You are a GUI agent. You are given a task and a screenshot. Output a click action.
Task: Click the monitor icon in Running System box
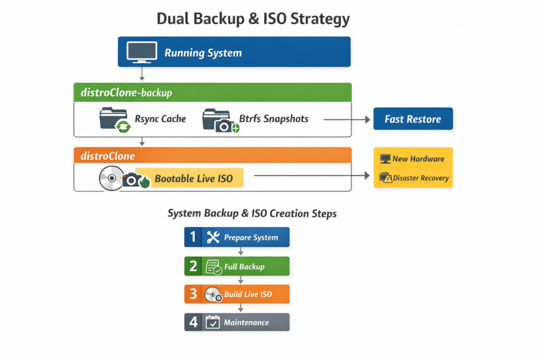pyautogui.click(x=141, y=52)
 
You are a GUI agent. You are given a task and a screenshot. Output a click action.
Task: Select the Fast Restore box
pyautogui.click(x=412, y=119)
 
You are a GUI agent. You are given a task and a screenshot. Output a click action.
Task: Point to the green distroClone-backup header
pyautogui.click(x=212, y=93)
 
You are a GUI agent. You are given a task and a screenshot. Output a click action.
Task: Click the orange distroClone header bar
pyautogui.click(x=212, y=156)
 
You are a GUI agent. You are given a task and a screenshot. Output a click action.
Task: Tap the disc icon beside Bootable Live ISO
pyautogui.click(x=111, y=179)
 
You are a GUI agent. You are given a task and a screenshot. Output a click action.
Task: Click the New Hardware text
pyautogui.click(x=418, y=159)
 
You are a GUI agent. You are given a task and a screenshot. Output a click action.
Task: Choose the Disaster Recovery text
pyautogui.click(x=420, y=178)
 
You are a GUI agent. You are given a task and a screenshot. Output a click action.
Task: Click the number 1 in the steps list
pyautogui.click(x=193, y=237)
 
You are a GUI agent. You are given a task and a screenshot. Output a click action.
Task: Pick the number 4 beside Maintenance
pyautogui.click(x=193, y=323)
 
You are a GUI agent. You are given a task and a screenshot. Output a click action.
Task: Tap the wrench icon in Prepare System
pyautogui.click(x=213, y=237)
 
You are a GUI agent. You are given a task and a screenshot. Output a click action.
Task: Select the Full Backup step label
pyautogui.click(x=244, y=267)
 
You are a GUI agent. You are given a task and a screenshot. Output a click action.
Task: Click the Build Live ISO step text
pyautogui.click(x=248, y=294)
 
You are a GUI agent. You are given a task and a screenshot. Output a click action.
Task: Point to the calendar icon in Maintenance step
pyautogui.click(x=213, y=323)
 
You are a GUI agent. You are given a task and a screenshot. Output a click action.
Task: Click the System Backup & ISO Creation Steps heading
pyautogui.click(x=252, y=213)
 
